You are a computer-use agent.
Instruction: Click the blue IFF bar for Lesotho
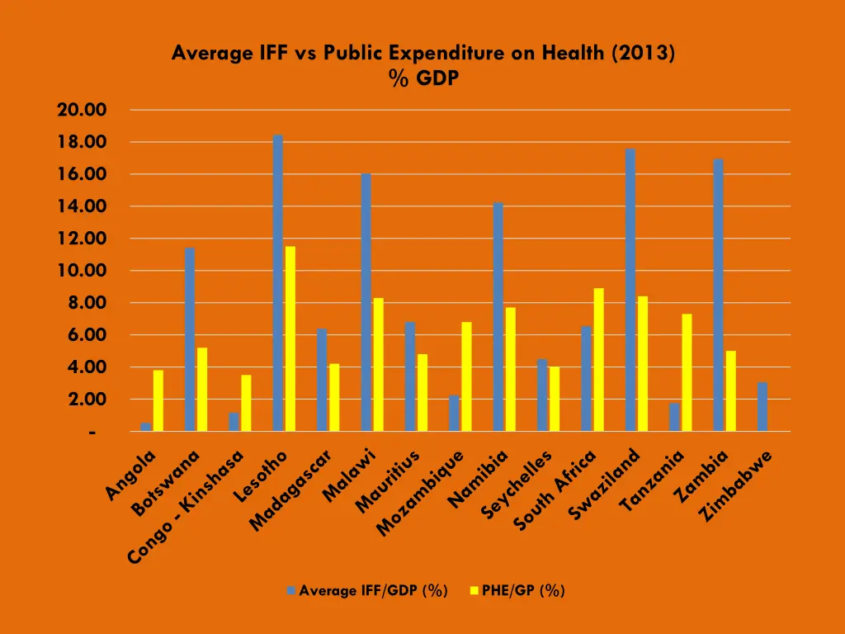pos(278,283)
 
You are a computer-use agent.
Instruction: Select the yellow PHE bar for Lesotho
pos(290,338)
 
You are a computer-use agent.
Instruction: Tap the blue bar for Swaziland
pos(630,290)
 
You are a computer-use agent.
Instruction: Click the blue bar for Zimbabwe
pos(762,406)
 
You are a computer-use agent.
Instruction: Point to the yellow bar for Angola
pos(158,400)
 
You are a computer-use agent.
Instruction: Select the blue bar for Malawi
pos(366,302)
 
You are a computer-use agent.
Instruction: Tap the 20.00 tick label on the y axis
pos(83,110)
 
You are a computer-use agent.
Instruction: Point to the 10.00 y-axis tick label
pos(83,271)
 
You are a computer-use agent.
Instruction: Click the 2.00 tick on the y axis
pos(87,400)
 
